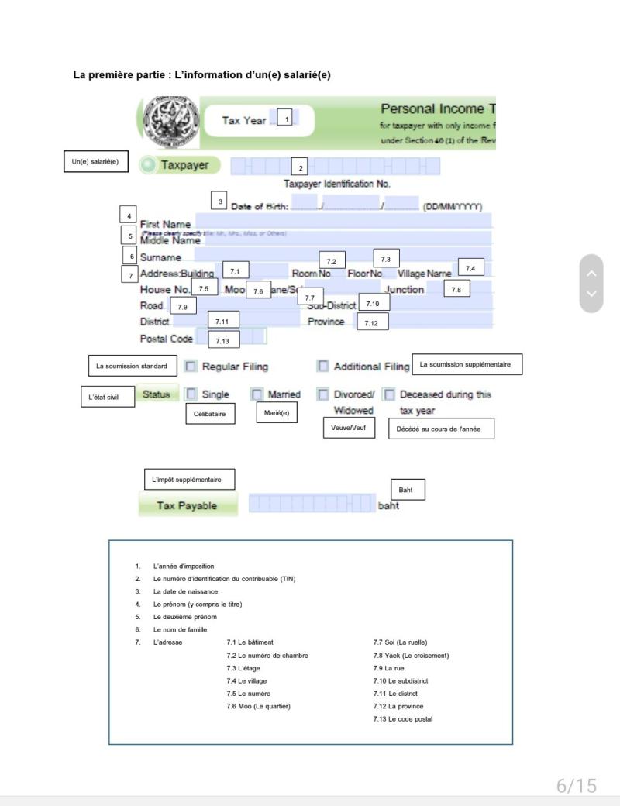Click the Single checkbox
click(x=191, y=394)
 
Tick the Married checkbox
click(x=257, y=394)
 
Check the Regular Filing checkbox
click(x=191, y=366)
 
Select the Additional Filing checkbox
click(x=322, y=366)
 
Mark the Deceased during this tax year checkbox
click(x=390, y=394)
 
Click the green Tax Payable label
click(x=187, y=505)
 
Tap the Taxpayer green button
click(x=180, y=165)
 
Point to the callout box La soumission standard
click(x=131, y=366)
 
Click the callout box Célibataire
click(x=209, y=414)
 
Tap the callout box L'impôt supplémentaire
click(x=189, y=480)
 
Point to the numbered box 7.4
click(x=470, y=268)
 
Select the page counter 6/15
click(x=577, y=785)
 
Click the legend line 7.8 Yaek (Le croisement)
click(x=411, y=655)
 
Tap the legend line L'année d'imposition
click(x=184, y=567)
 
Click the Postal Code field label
click(x=166, y=339)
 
